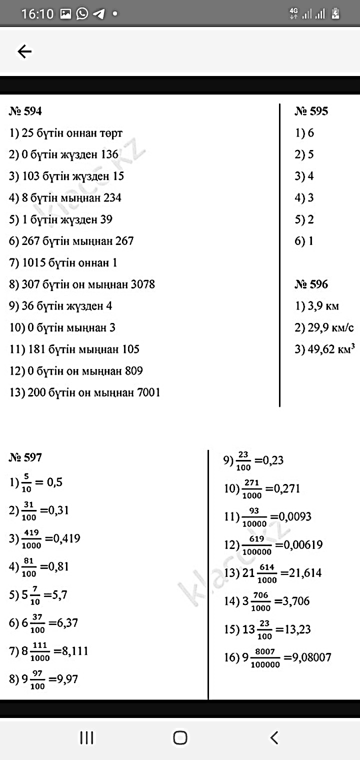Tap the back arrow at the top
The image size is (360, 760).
point(24,51)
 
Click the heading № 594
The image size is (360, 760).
point(25,111)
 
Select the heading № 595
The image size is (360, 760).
point(311,111)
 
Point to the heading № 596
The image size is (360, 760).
point(311,284)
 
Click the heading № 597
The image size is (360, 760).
point(25,457)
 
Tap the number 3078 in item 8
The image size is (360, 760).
point(142,284)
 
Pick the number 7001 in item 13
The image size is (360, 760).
point(147,392)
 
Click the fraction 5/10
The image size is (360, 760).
point(26,483)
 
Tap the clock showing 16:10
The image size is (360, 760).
point(37,14)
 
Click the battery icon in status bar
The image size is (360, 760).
point(335,13)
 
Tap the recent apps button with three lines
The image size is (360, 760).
point(87,737)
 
